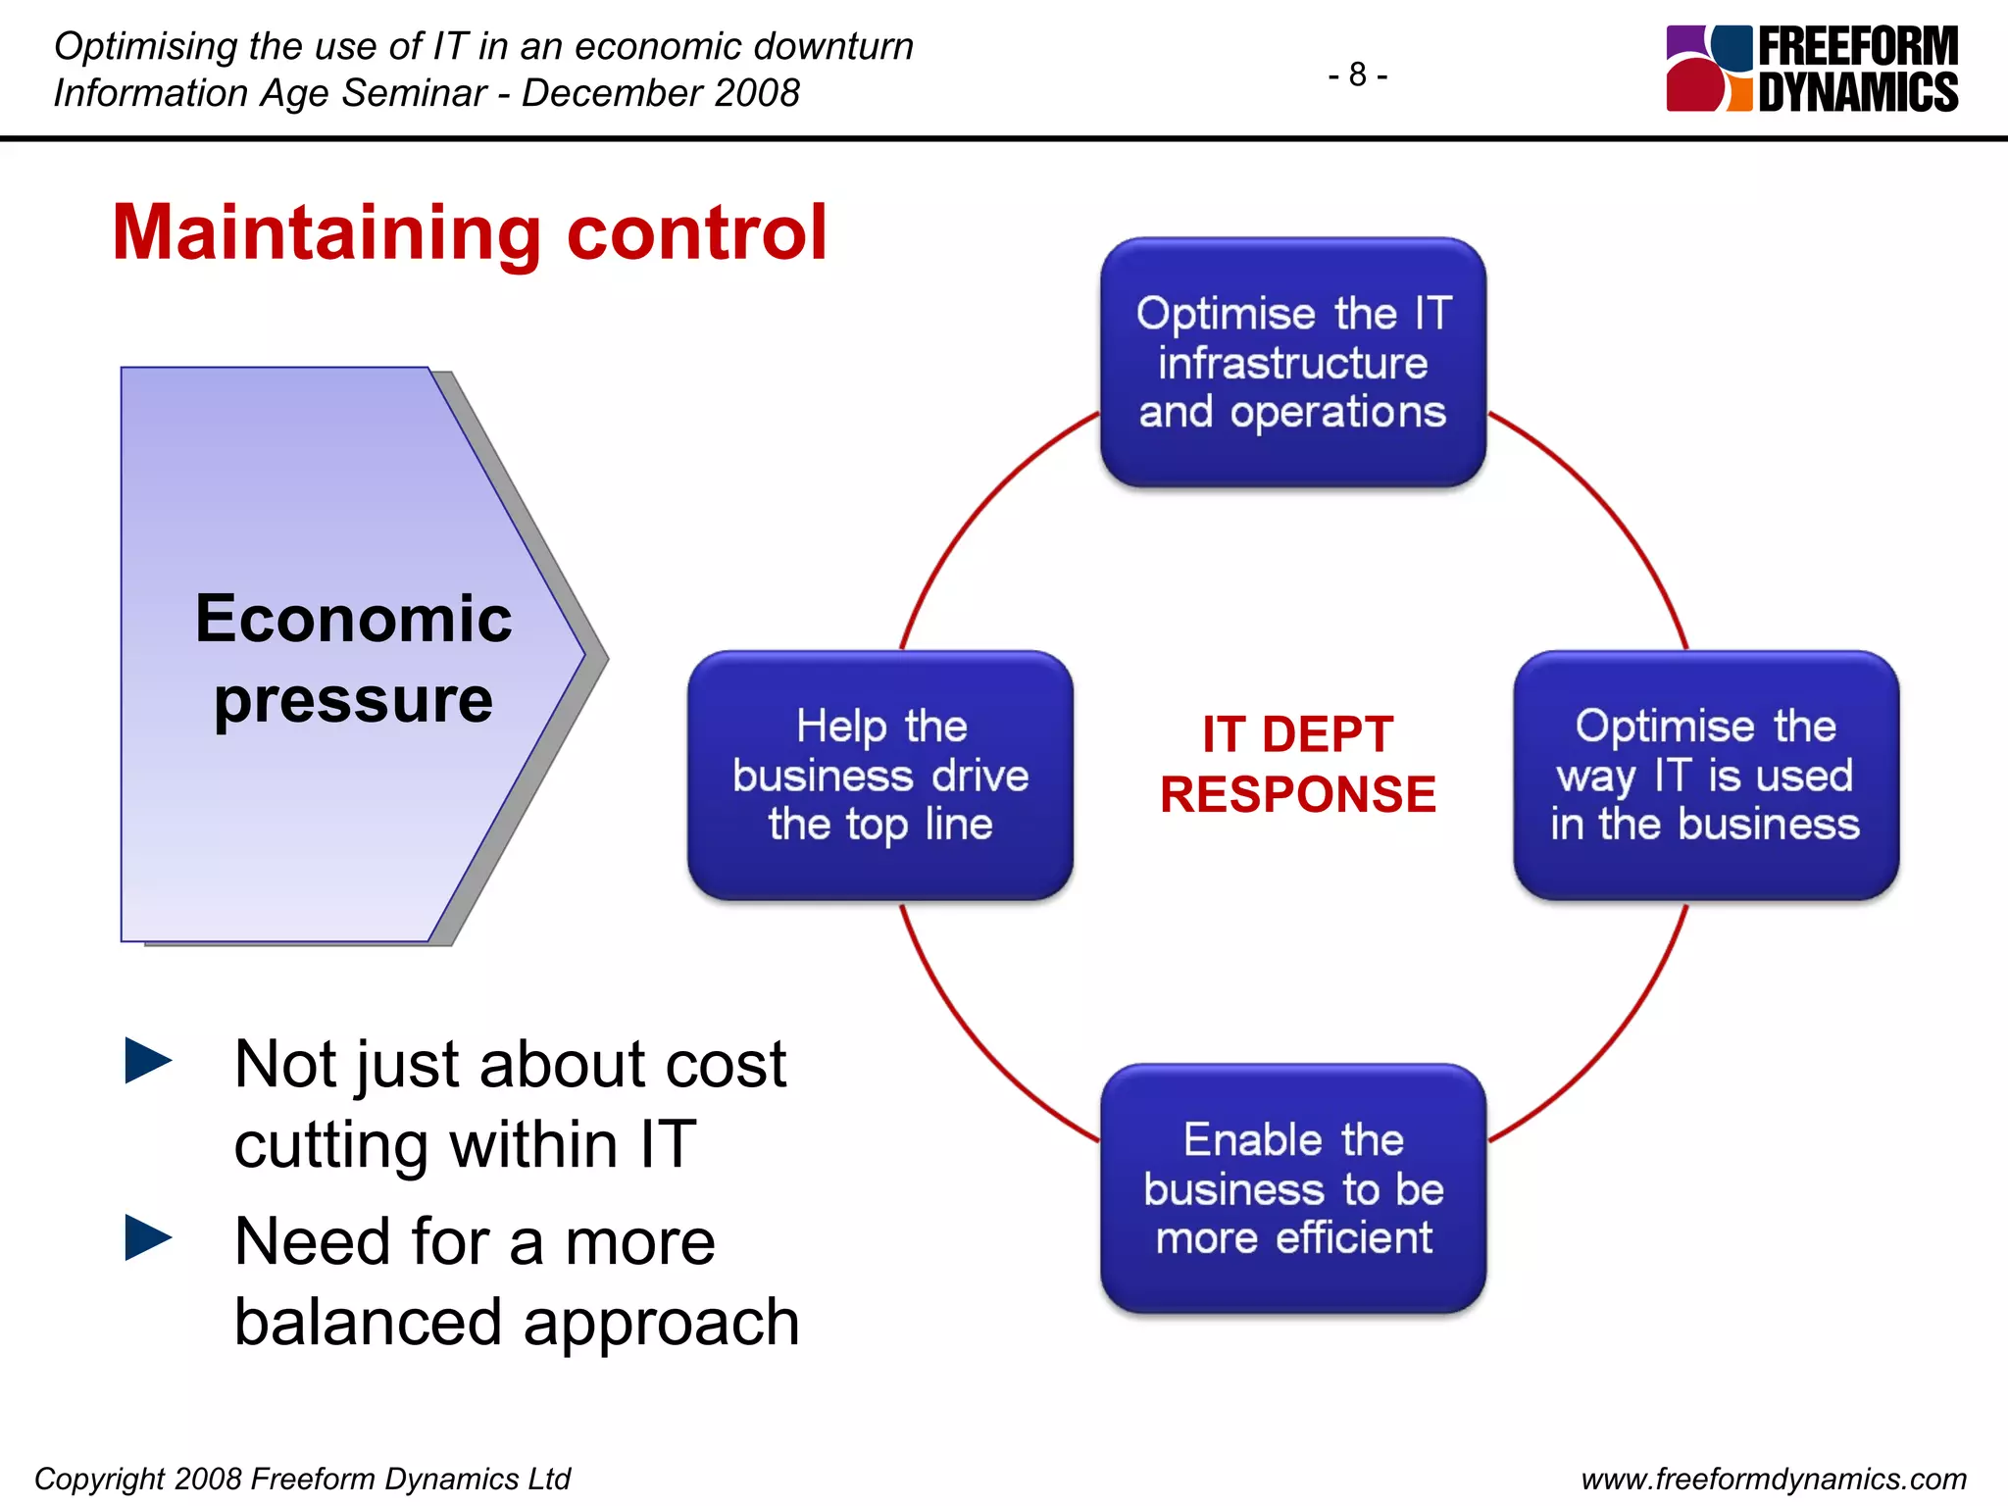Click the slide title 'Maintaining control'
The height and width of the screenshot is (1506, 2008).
470,232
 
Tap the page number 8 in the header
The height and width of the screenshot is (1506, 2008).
1357,75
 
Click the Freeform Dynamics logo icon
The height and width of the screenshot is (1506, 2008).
1709,69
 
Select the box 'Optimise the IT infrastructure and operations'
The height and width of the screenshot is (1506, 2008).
1292,363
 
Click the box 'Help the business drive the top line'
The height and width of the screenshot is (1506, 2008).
879,776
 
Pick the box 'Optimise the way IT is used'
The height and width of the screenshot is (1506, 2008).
1705,776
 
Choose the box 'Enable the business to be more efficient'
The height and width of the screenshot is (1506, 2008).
1292,1188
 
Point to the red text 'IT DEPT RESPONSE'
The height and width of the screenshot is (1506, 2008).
1297,764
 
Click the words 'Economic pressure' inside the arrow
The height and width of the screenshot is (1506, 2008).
353,659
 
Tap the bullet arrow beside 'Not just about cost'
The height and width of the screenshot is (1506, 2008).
148,1061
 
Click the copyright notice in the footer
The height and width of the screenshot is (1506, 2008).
302,1479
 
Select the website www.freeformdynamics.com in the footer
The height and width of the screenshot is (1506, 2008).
1774,1479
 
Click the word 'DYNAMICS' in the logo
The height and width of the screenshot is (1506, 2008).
1857,92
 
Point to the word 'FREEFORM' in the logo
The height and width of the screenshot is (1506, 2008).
1857,46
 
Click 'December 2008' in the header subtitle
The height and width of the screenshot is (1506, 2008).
660,93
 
